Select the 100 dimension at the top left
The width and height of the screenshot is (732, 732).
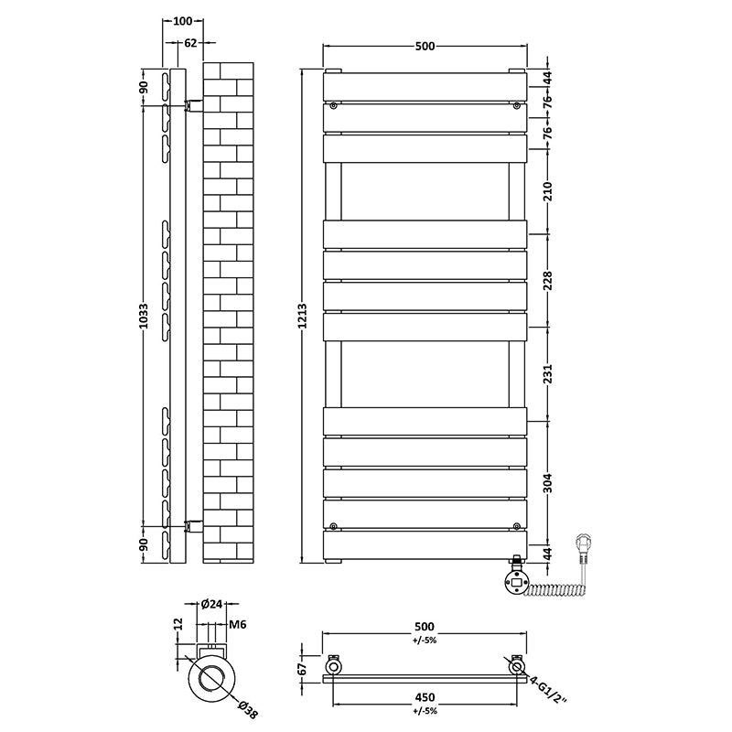[182, 20]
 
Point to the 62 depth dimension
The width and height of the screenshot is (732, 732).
[190, 42]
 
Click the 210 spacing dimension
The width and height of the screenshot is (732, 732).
[548, 191]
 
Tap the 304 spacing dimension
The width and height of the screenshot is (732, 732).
[548, 483]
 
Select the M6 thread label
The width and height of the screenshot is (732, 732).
[236, 624]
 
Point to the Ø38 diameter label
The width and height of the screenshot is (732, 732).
[246, 705]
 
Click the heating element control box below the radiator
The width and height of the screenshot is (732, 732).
[515, 579]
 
